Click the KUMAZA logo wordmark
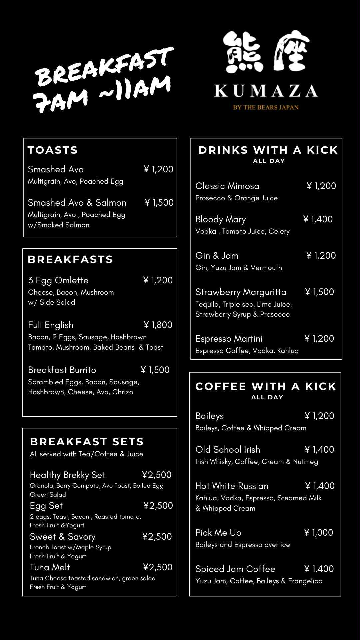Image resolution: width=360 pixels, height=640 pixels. point(266,91)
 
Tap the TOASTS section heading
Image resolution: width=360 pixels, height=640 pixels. point(53,150)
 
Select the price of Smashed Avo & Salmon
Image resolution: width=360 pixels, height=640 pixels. point(159,203)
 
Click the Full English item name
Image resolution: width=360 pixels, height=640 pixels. point(51,325)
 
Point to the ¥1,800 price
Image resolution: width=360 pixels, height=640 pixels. point(158,325)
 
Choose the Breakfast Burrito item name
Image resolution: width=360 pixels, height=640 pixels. point(62,370)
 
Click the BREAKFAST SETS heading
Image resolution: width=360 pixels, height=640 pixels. point(87,442)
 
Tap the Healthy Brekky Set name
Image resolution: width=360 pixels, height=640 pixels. point(67,475)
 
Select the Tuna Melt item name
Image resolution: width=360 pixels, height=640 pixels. point(50,567)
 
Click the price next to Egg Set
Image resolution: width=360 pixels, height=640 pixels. point(158,506)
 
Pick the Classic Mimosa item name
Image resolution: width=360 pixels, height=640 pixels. point(227,186)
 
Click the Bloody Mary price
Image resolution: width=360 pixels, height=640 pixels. point(318,219)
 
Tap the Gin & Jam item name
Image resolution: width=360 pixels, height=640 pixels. point(217,256)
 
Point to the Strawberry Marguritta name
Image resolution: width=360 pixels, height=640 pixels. point(241,292)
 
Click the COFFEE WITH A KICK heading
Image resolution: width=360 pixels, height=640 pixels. point(266,386)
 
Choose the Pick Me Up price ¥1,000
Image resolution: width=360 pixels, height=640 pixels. point(319,533)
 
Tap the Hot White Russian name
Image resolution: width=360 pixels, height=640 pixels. point(232,486)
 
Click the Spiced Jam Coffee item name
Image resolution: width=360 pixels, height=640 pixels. point(235,569)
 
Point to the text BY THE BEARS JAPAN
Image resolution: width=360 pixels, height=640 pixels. point(266,107)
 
